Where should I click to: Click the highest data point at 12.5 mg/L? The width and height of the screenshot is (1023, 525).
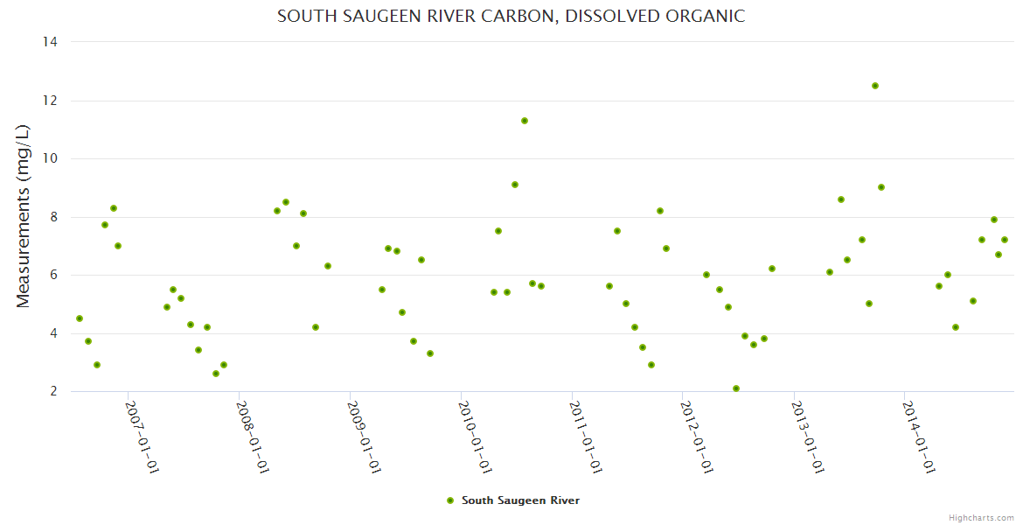click(x=874, y=86)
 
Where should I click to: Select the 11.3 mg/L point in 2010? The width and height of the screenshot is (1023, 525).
click(x=525, y=121)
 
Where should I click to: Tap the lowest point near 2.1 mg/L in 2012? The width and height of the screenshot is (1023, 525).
click(x=736, y=388)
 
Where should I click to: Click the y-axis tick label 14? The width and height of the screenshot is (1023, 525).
click(x=50, y=42)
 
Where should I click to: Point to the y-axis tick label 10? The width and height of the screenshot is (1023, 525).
click(x=50, y=158)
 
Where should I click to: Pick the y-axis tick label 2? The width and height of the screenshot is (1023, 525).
click(x=53, y=392)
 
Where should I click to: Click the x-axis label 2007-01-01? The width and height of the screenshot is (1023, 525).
click(x=142, y=437)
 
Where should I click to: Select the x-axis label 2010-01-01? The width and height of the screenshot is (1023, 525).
click(x=476, y=437)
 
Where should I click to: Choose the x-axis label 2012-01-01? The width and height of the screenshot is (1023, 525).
click(x=698, y=437)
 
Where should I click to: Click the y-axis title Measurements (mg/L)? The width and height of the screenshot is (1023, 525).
click(x=24, y=216)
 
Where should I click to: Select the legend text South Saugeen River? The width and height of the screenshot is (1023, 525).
click(x=520, y=500)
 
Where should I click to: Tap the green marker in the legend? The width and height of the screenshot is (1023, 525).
click(x=450, y=500)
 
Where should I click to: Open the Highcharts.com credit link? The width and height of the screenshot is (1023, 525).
click(x=981, y=517)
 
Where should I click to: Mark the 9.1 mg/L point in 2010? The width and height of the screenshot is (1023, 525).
click(x=515, y=185)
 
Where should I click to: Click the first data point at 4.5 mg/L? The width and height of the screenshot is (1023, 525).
click(x=80, y=318)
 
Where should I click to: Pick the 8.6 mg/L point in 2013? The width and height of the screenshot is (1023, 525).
click(x=841, y=199)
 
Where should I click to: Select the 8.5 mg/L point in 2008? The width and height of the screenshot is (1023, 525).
click(x=286, y=202)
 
